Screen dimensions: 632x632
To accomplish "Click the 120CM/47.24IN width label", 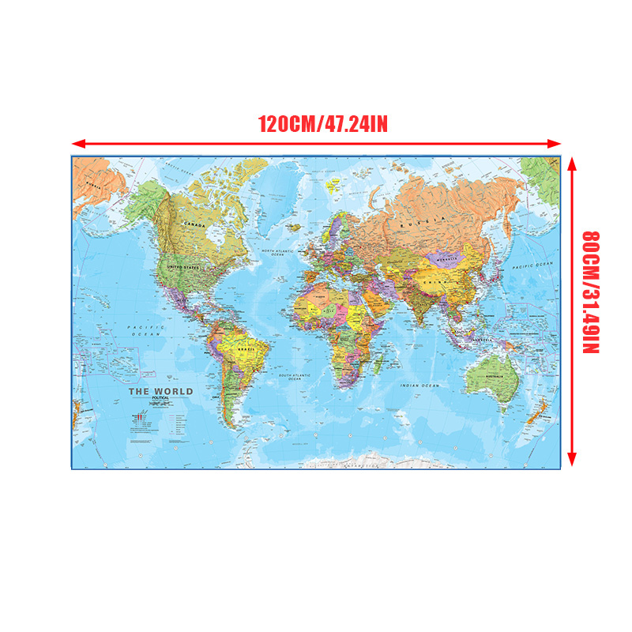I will click(322, 124).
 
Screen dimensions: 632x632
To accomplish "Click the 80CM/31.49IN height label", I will click(591, 292).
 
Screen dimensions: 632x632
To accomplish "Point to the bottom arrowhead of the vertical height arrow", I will click(573, 461).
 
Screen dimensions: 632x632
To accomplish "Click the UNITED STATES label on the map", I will click(185, 268).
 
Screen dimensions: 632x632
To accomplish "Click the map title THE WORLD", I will click(160, 392).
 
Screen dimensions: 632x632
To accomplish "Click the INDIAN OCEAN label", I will click(419, 386).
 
